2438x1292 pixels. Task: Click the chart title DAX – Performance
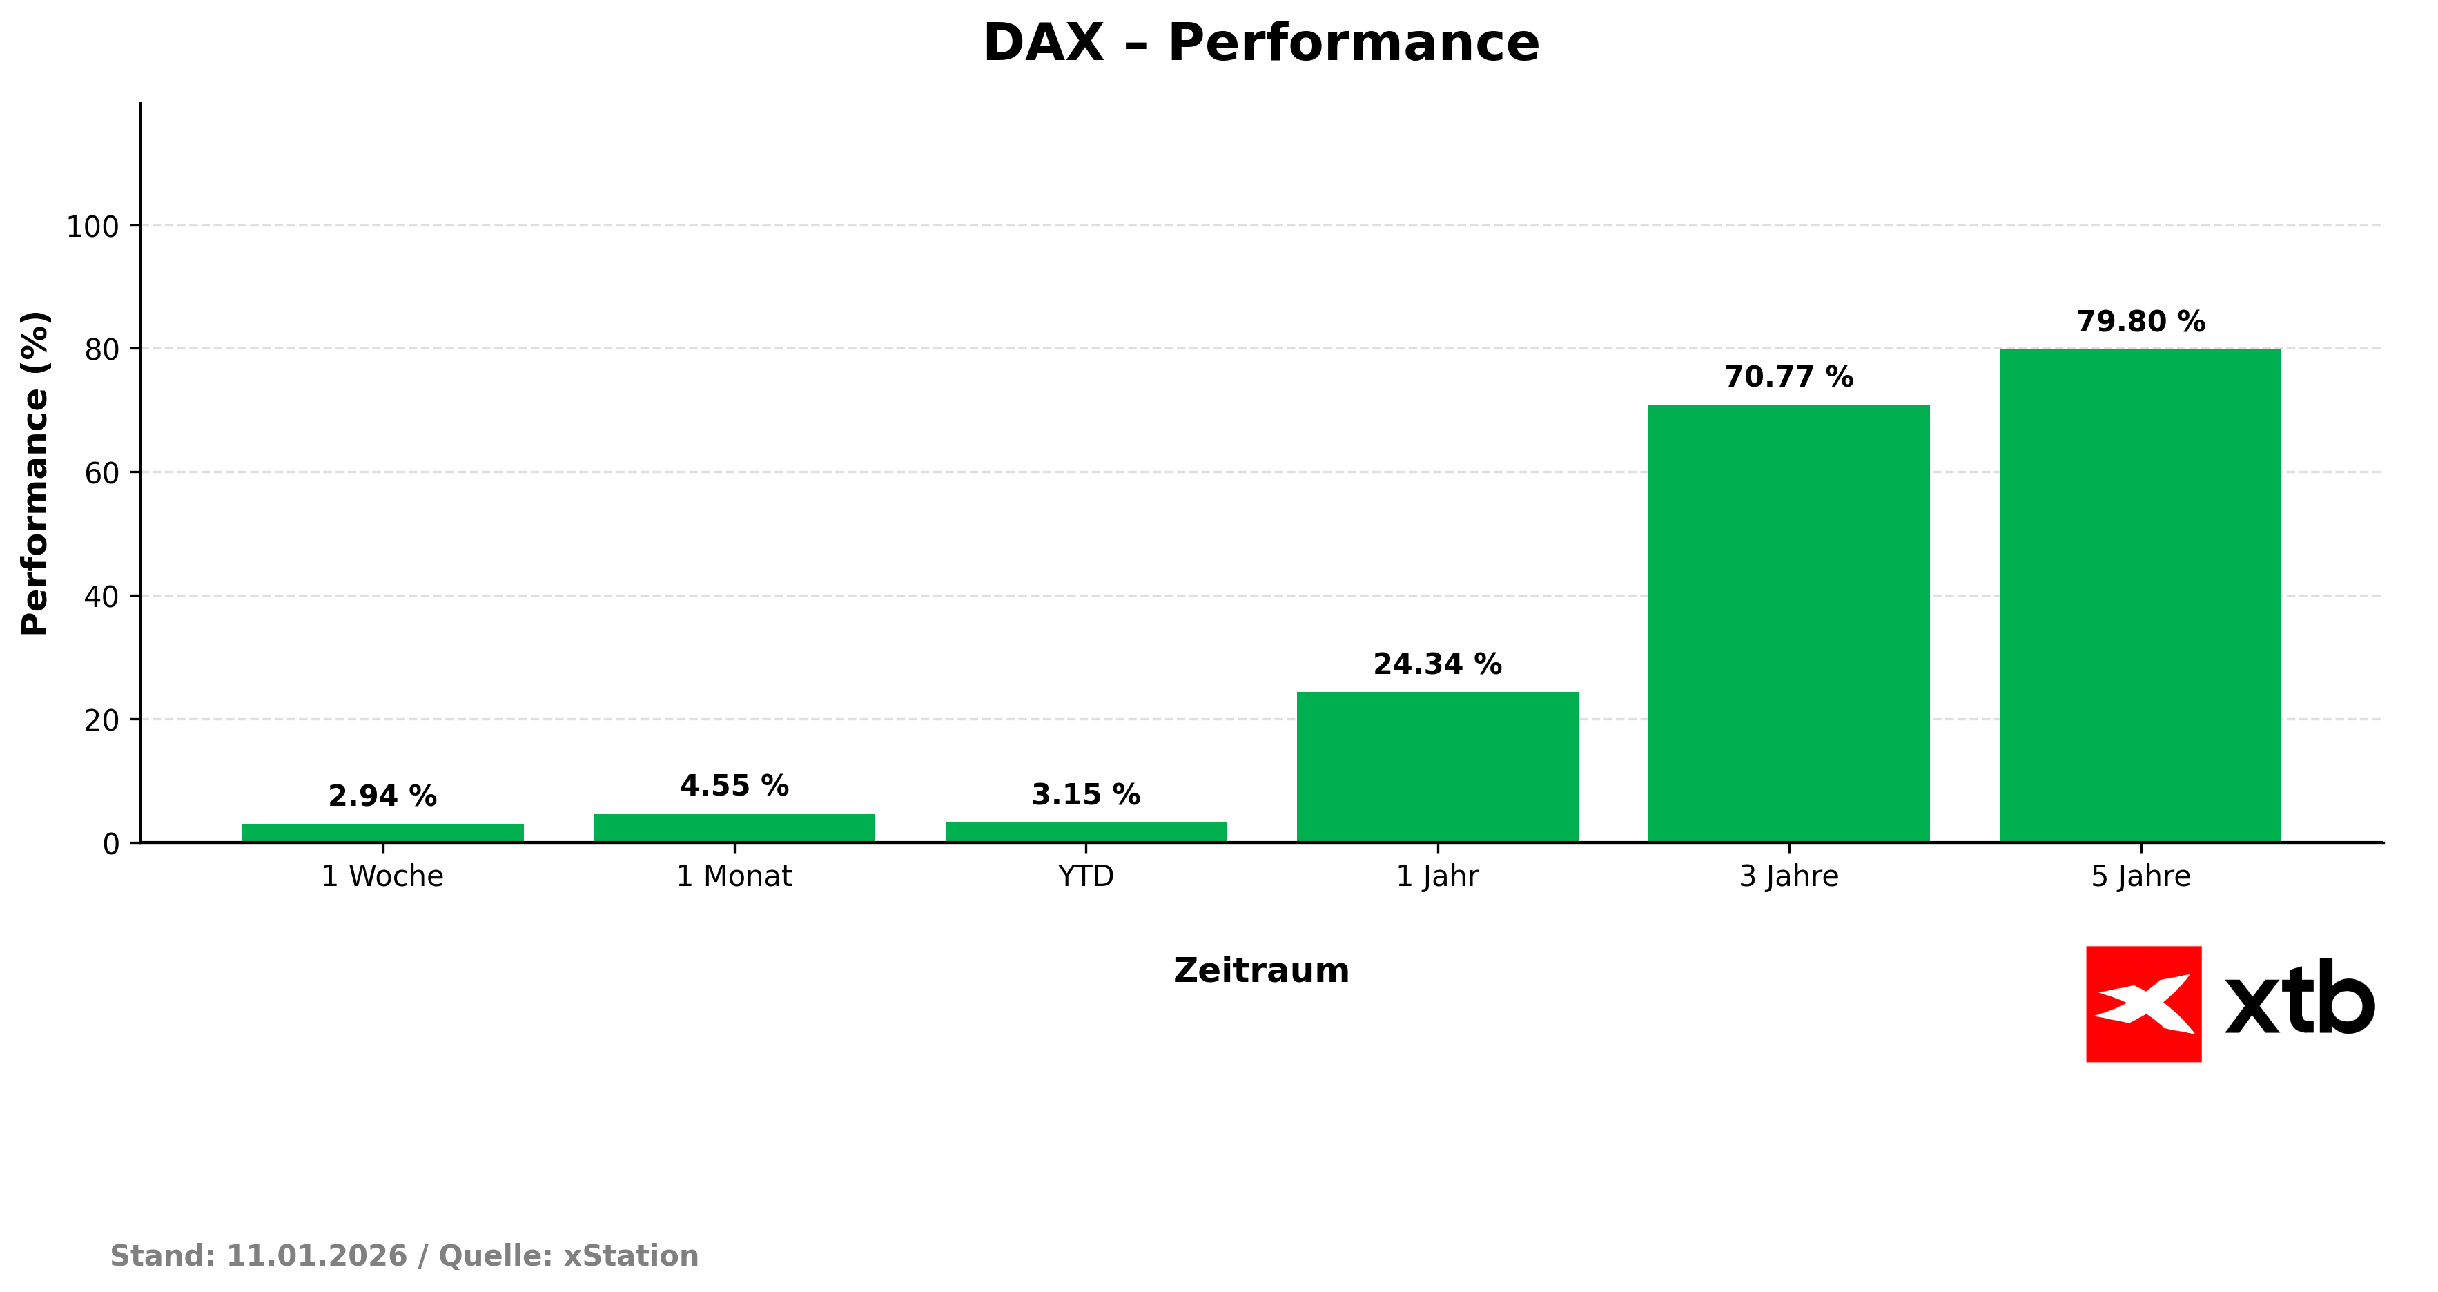[x=1260, y=44]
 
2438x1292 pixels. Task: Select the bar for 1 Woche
[x=382, y=833]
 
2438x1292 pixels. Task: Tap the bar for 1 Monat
[x=734, y=828]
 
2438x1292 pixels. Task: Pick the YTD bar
[x=1086, y=832]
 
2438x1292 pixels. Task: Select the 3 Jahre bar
[x=1788, y=624]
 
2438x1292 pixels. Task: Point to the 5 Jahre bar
[x=2140, y=595]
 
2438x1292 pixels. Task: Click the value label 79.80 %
[x=2140, y=322]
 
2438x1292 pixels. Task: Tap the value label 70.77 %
[x=1788, y=378]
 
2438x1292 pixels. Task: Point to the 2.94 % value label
[x=382, y=796]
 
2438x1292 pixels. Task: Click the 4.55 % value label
[x=734, y=786]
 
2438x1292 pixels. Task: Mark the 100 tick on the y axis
[x=92, y=227]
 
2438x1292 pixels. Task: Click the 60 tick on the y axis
[x=101, y=473]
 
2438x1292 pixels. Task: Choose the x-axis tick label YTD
[x=1086, y=876]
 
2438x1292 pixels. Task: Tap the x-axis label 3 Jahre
[x=1788, y=876]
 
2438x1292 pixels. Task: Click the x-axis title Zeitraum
[x=1260, y=971]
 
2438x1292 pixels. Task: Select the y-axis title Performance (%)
[x=35, y=473]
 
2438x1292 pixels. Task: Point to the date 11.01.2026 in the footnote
[x=316, y=1256]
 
